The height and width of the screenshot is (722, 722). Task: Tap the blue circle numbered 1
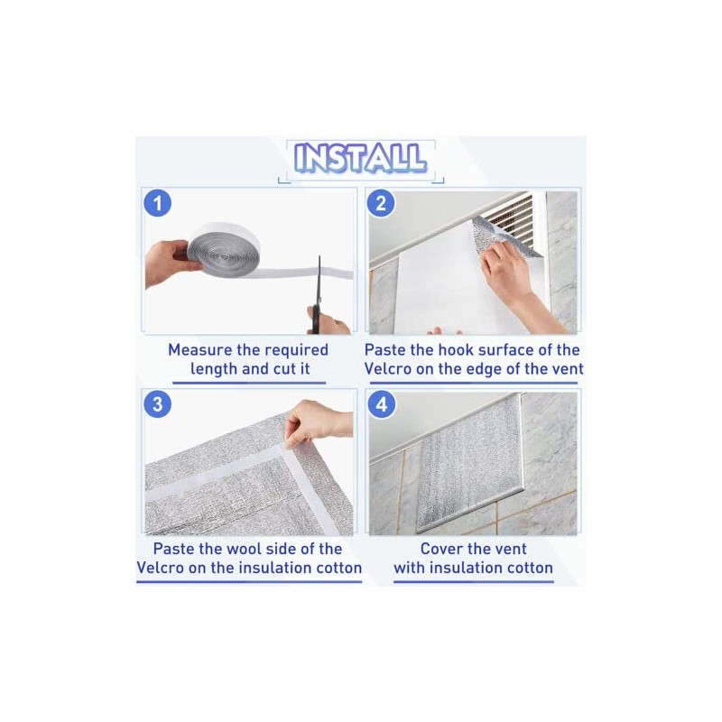[x=157, y=203]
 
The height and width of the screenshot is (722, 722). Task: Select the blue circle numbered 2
[x=381, y=203]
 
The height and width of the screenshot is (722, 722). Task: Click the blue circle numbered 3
[x=157, y=403]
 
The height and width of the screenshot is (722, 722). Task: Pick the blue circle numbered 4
[x=381, y=403]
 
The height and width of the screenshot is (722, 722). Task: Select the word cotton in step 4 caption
[x=527, y=568]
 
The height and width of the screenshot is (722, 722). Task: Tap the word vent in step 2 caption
[x=567, y=368]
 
